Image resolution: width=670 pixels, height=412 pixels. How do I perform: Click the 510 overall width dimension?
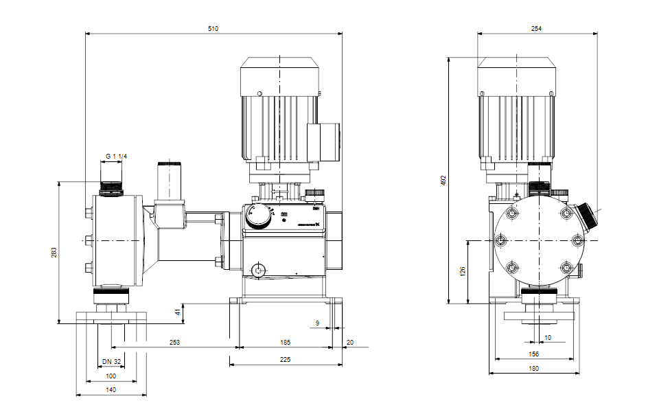pyautogui.click(x=213, y=28)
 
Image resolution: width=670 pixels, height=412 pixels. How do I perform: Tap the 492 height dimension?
pyautogui.click(x=443, y=180)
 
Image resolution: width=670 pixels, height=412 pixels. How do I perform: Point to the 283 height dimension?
pyautogui.click(x=54, y=252)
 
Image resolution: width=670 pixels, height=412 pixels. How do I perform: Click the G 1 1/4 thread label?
pyautogui.click(x=116, y=157)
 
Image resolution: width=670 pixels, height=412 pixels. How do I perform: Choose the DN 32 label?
pyautogui.click(x=111, y=362)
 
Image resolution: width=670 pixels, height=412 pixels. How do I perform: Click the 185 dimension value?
pyautogui.click(x=285, y=341)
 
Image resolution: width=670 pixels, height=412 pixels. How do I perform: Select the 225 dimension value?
pyautogui.click(x=285, y=359)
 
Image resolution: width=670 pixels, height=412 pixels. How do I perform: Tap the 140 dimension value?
pyautogui.click(x=111, y=389)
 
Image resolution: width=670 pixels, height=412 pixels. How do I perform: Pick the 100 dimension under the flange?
pyautogui.click(x=111, y=376)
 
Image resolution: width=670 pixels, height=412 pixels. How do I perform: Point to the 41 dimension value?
pyautogui.click(x=178, y=312)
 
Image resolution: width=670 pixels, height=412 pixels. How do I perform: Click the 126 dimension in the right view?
pyautogui.click(x=463, y=271)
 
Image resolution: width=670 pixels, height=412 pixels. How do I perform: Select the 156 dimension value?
pyautogui.click(x=534, y=354)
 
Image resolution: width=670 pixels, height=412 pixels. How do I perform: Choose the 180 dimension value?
pyautogui.click(x=534, y=369)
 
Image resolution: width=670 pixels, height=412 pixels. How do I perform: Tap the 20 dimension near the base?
pyautogui.click(x=350, y=341)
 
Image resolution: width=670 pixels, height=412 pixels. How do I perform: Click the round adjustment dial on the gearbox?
pyautogui.click(x=259, y=215)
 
